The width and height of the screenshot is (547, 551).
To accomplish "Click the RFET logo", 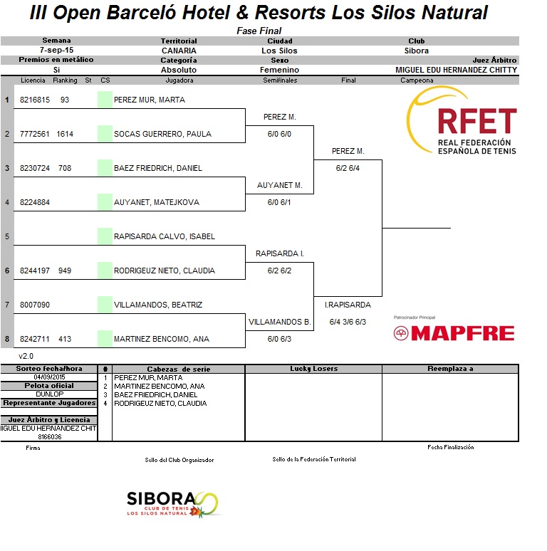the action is pyautogui.click(x=462, y=120).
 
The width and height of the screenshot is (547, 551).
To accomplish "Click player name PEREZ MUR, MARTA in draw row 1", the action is pyautogui.click(x=150, y=100).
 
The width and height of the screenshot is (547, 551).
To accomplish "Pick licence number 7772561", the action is pyautogui.click(x=34, y=134).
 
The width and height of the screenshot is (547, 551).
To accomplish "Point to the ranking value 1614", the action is pyautogui.click(x=65, y=134).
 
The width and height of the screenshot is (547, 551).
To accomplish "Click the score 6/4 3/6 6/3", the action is pyautogui.click(x=348, y=322).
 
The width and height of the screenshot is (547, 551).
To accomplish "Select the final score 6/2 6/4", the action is pyautogui.click(x=348, y=168).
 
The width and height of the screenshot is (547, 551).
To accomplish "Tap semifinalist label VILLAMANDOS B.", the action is pyautogui.click(x=279, y=322).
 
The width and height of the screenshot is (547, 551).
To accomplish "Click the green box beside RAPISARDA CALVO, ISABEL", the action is pyautogui.click(x=105, y=236).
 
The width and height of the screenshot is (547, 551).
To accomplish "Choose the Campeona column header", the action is pyautogui.click(x=417, y=80).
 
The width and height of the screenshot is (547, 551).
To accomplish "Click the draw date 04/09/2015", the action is pyautogui.click(x=50, y=377).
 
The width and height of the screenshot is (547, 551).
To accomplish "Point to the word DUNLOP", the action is pyautogui.click(x=50, y=394).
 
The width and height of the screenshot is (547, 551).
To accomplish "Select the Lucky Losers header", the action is pyautogui.click(x=313, y=369).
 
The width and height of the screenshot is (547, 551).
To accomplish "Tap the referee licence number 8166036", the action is pyautogui.click(x=50, y=437).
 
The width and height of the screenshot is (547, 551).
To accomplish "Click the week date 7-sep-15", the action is pyautogui.click(x=56, y=50).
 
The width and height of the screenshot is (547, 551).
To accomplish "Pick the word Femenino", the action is pyautogui.click(x=279, y=70).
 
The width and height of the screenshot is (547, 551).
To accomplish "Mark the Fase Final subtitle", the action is pyautogui.click(x=259, y=31).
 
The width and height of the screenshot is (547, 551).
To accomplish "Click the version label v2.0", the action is pyautogui.click(x=26, y=356).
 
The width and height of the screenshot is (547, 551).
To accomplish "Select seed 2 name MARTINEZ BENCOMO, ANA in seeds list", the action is pyautogui.click(x=160, y=386).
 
